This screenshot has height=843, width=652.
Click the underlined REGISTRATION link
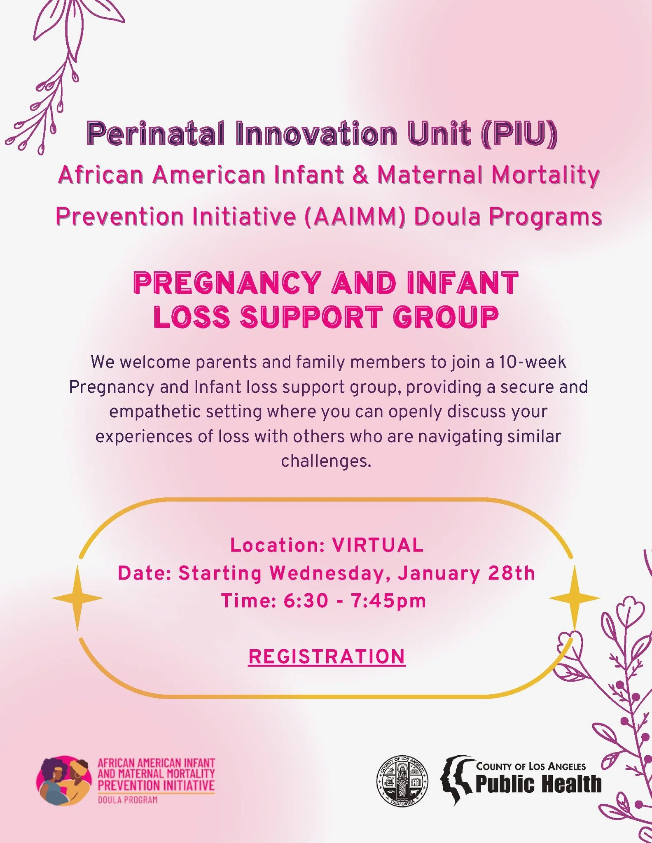[x=327, y=657]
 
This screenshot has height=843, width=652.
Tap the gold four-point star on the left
[x=77, y=598]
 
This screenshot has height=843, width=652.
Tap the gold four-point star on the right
[x=575, y=598]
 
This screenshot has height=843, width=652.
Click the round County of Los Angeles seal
[x=402, y=782]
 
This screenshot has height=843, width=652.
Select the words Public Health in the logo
[x=538, y=784]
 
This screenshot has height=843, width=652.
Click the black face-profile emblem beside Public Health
[x=456, y=779]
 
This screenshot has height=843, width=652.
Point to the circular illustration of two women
[x=64, y=780]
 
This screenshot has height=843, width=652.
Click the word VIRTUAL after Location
[x=378, y=545]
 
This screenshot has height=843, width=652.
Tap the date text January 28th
[x=466, y=573]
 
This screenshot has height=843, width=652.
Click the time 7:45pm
[x=388, y=601]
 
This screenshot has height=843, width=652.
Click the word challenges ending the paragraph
[x=325, y=461]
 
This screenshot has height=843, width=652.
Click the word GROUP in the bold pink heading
[x=446, y=317]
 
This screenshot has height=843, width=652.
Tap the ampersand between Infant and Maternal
[x=360, y=175]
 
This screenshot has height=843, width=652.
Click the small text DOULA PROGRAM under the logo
[x=127, y=800]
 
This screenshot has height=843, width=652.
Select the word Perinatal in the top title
[x=156, y=134]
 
